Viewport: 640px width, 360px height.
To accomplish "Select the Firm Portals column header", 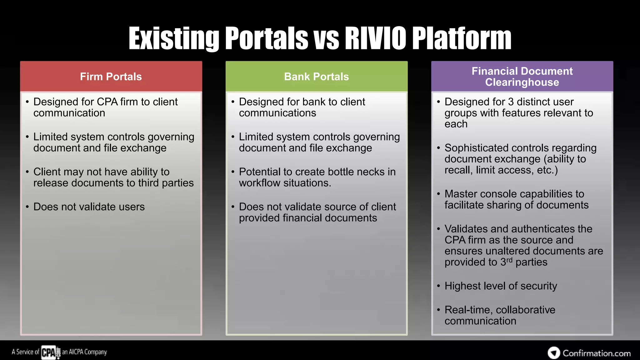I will coord(111,77).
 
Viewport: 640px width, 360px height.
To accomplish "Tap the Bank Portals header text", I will coord(316,77).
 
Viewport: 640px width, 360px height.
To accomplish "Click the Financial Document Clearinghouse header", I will coord(522,77).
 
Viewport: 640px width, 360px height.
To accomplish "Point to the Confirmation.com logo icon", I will coord(554,353).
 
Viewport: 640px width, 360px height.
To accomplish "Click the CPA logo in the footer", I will coord(48,352).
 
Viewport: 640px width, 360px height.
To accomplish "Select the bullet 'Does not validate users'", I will coord(89,207).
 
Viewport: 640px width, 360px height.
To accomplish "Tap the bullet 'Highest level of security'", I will coord(501,286).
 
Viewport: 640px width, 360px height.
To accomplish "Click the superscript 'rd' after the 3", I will coord(509,260).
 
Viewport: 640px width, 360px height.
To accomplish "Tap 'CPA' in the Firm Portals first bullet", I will coord(107,102).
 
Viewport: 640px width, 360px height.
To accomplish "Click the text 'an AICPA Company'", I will coord(84,352).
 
